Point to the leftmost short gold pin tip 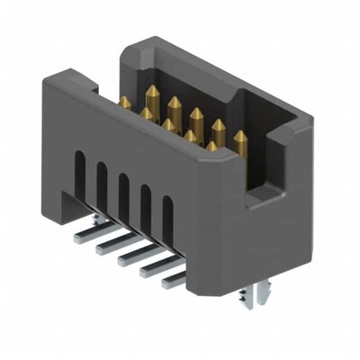(124, 103)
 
